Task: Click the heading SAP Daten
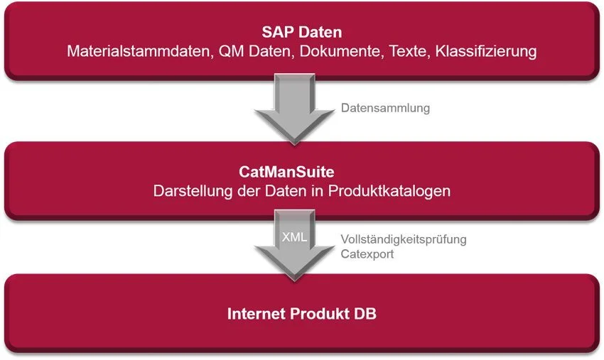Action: (x=301, y=32)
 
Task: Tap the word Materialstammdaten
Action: (x=140, y=51)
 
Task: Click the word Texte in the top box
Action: (x=409, y=51)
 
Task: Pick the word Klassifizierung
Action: (x=486, y=51)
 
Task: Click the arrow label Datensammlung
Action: (x=385, y=108)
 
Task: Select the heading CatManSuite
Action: (x=286, y=172)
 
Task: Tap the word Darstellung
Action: (x=193, y=191)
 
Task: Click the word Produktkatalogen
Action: (x=389, y=191)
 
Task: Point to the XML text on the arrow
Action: (x=294, y=236)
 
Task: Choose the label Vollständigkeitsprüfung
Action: (x=404, y=239)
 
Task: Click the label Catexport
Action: (x=367, y=254)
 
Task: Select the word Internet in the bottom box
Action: (x=256, y=314)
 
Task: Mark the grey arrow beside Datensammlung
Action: (x=295, y=109)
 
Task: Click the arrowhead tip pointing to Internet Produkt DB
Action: (x=295, y=280)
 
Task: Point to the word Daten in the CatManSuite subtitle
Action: (x=286, y=191)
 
